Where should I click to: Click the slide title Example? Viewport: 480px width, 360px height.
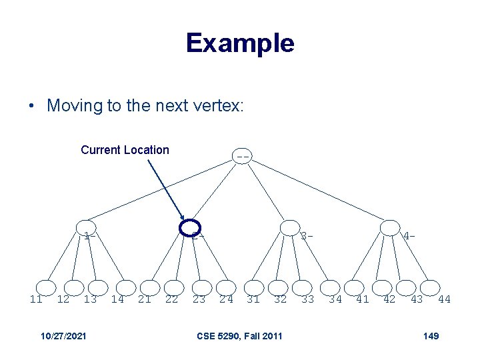pyautogui.click(x=240, y=43)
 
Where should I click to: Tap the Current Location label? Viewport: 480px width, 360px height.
pyautogui.click(x=125, y=150)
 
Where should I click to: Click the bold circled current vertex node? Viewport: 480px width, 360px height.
pyautogui.click(x=191, y=228)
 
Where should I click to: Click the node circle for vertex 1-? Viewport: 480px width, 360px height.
pyautogui.click(x=85, y=228)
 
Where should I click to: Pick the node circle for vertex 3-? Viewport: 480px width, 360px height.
pyautogui.click(x=290, y=228)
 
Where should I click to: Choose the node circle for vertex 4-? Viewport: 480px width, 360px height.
pyautogui.click(x=390, y=228)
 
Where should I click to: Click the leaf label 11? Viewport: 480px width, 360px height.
pyautogui.click(x=36, y=299)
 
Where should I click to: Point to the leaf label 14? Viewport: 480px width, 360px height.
pyautogui.click(x=117, y=299)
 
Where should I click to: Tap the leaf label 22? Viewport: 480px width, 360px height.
pyautogui.click(x=171, y=299)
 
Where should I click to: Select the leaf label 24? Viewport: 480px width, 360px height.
pyautogui.click(x=227, y=299)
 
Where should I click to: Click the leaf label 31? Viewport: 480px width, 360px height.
pyautogui.click(x=253, y=299)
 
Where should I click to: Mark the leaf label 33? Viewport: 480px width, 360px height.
pyautogui.click(x=307, y=299)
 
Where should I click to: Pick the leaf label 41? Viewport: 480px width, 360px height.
pyautogui.click(x=363, y=299)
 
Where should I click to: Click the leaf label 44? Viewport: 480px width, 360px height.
pyautogui.click(x=444, y=299)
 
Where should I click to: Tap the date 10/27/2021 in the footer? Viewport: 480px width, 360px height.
pyautogui.click(x=63, y=335)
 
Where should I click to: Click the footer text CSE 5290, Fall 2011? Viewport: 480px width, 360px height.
pyautogui.click(x=240, y=335)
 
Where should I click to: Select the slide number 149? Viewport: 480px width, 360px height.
pyautogui.click(x=431, y=335)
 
